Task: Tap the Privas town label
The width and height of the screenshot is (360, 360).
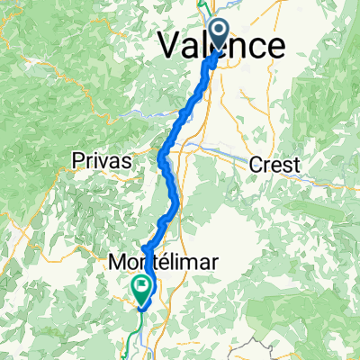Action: [102, 161]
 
